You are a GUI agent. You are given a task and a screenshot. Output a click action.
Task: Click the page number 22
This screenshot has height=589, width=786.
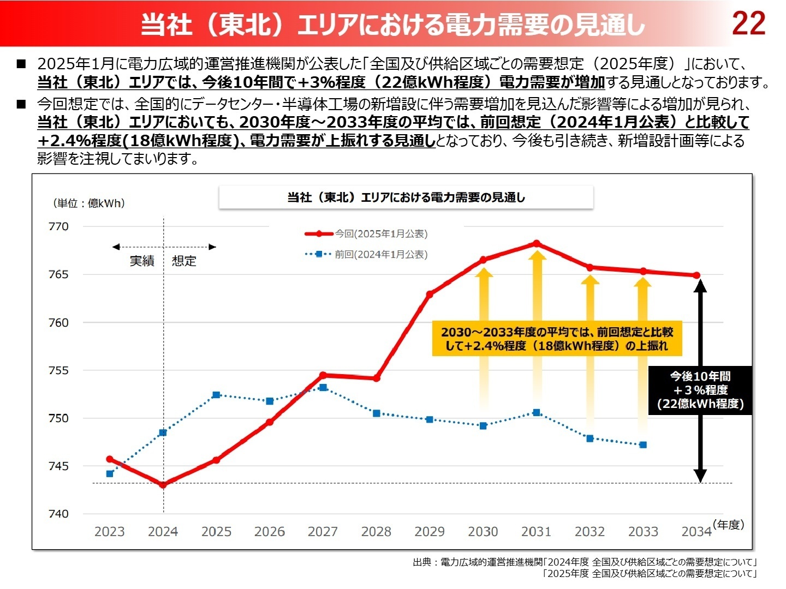coord(748,23)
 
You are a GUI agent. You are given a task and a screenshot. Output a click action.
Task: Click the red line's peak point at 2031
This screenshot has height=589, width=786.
coord(537,243)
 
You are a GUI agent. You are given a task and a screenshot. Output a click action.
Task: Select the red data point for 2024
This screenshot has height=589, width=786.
coord(163,484)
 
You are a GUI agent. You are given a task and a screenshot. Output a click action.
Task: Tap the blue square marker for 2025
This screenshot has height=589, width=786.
coord(216,395)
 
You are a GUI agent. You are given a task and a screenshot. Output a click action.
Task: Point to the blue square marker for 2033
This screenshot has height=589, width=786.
coord(643,445)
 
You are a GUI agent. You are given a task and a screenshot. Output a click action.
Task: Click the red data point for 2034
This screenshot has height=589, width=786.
coord(696,275)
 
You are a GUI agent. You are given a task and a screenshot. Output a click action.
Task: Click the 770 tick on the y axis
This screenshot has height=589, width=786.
coord(59,226)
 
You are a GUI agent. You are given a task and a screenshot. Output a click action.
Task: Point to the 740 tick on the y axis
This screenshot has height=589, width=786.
coord(59,514)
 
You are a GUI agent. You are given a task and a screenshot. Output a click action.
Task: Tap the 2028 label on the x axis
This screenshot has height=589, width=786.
coord(376,532)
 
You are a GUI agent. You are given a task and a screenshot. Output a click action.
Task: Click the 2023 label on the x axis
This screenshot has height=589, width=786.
coord(110,532)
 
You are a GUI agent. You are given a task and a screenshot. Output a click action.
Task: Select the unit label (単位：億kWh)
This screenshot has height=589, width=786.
coord(90,203)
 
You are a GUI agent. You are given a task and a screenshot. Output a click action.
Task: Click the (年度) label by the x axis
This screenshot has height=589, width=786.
coord(728,525)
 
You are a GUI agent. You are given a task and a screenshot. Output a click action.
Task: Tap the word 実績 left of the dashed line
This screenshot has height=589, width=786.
coord(142,261)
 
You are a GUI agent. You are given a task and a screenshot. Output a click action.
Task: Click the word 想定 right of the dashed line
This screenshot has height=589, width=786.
coord(184,261)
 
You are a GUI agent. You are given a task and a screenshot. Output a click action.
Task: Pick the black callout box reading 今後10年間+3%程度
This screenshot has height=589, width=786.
coord(700,390)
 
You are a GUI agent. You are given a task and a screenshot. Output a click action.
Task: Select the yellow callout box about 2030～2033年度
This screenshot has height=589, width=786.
coord(557,339)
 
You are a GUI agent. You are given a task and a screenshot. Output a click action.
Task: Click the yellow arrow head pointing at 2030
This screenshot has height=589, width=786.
coord(484,272)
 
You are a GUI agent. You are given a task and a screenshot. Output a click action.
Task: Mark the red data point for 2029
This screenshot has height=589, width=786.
coord(430,294)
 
